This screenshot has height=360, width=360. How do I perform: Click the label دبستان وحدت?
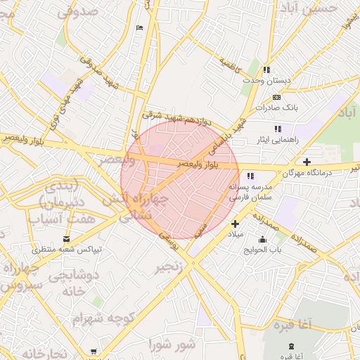pyautogui.click(x=266, y=81)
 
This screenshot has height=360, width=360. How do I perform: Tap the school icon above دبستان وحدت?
pyautogui.click(x=266, y=70)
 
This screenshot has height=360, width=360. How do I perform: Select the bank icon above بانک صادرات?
pyautogui.click(x=276, y=96)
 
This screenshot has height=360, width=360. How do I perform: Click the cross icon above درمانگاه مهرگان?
pyautogui.click(x=307, y=162)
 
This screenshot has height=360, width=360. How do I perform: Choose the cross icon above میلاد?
pyautogui.click(x=236, y=223)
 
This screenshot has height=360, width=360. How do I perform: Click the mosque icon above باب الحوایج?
pyautogui.click(x=263, y=238)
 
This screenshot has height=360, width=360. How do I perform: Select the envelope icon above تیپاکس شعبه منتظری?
pyautogui.click(x=67, y=239)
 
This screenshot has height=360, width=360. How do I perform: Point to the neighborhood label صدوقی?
pyautogui.click(x=77, y=12)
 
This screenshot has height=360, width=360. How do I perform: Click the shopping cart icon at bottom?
pyautogui.click(x=94, y=351)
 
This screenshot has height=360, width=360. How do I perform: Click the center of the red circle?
pyautogui.click(x=180, y=180)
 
